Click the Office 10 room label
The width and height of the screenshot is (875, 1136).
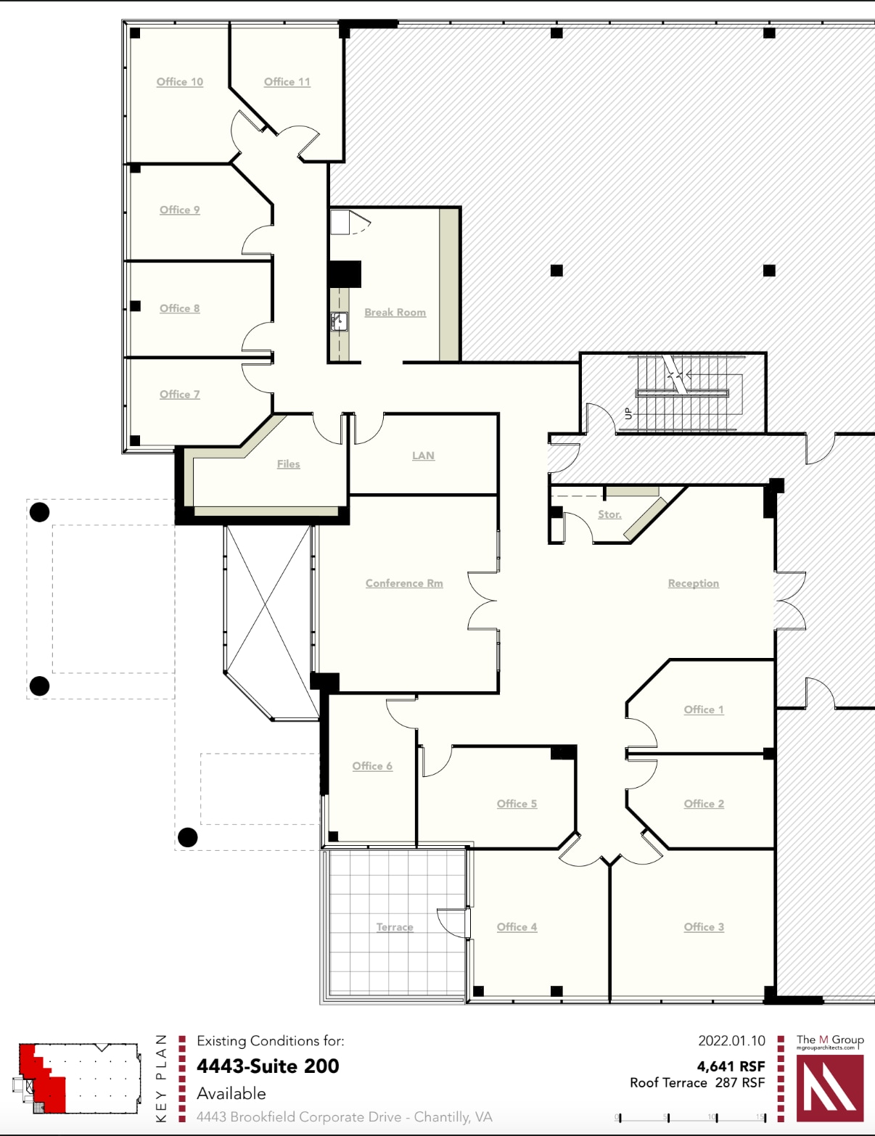pyautogui.click(x=180, y=82)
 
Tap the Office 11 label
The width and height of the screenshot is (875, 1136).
pyautogui.click(x=287, y=82)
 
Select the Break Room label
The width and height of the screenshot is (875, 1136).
pyautogui.click(x=395, y=313)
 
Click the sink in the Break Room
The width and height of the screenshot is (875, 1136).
pyautogui.click(x=339, y=321)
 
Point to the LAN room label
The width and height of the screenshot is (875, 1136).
pyautogui.click(x=423, y=456)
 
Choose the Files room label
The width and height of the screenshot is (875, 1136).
pyautogui.click(x=288, y=464)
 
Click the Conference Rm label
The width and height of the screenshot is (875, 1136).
pyautogui.click(x=404, y=583)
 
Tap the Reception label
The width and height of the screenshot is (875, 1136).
pyautogui.click(x=693, y=583)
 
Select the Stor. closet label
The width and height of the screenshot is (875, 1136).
pyautogui.click(x=609, y=514)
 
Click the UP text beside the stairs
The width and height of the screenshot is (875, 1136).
pyautogui.click(x=628, y=413)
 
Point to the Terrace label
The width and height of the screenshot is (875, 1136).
pyautogui.click(x=395, y=927)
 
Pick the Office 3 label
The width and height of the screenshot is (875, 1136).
pyautogui.click(x=704, y=927)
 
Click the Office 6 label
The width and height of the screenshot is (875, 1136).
pyautogui.click(x=372, y=766)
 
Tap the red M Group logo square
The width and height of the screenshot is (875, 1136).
pyautogui.click(x=830, y=1087)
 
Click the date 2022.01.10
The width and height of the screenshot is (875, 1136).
pyautogui.click(x=731, y=1041)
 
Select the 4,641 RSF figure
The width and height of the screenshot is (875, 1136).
pyautogui.click(x=731, y=1066)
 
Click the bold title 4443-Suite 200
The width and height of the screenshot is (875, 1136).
pyautogui.click(x=268, y=1066)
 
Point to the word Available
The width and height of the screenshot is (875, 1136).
pyautogui.click(x=231, y=1093)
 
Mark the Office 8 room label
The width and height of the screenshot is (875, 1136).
pyautogui.click(x=179, y=308)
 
